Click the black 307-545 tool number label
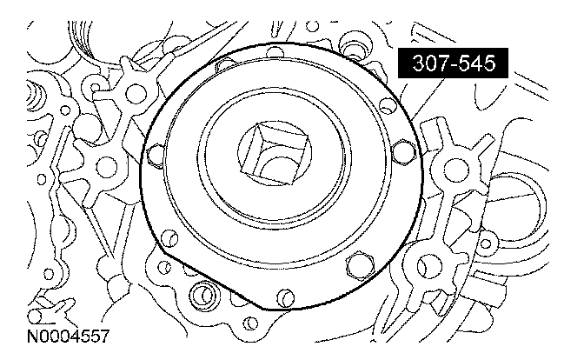pyautogui.click(x=453, y=63)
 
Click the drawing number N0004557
pyautogui.click(x=68, y=337)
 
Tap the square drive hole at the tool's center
pyautogui.click(x=275, y=154)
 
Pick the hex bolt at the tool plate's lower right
pyautogui.click(x=360, y=264)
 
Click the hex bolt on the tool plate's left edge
pyautogui.click(x=156, y=155)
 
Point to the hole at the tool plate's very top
pyautogui.click(x=276, y=51)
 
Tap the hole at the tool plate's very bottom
pyautogui.click(x=285, y=298)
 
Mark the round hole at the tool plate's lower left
pyautogui.click(x=169, y=238)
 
